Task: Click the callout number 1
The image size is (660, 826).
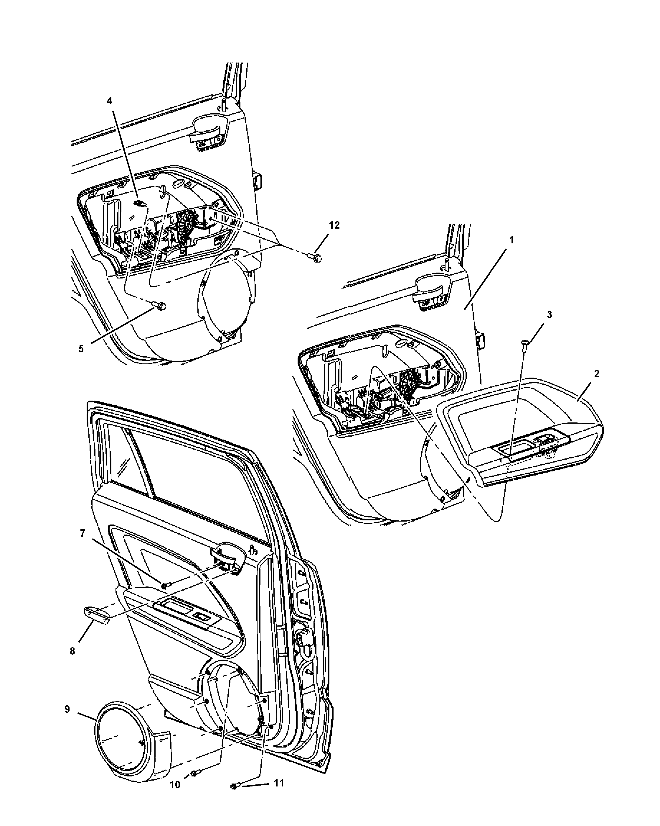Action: [511, 240]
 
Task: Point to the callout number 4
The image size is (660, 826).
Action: [109, 101]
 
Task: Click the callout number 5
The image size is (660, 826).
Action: [81, 349]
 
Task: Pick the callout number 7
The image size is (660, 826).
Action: [82, 534]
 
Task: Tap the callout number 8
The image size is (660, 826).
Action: [72, 651]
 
